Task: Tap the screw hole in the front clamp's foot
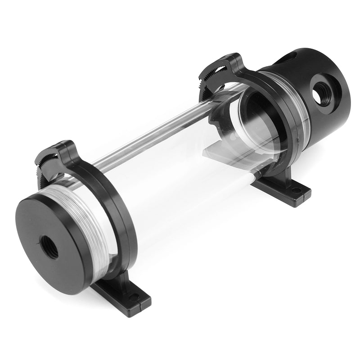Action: [134, 297]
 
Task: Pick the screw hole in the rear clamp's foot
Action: [295, 190]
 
